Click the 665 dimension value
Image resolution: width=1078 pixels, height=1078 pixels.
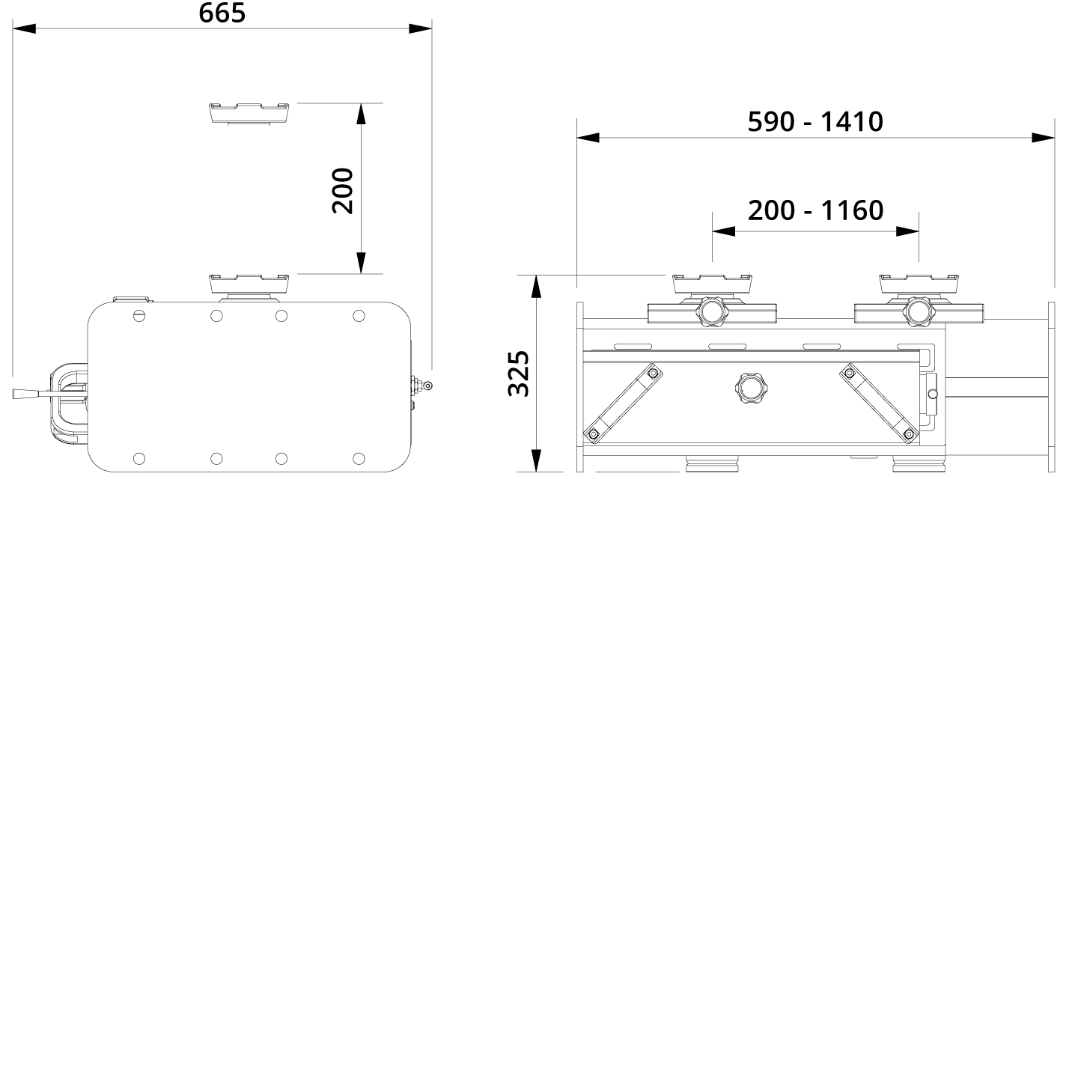click(x=222, y=13)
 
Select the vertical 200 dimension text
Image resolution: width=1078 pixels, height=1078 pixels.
click(x=342, y=190)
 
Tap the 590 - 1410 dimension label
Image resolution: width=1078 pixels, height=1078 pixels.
click(x=815, y=121)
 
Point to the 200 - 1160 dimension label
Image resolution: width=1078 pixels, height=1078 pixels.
click(x=815, y=210)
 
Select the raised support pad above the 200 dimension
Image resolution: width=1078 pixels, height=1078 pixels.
click(x=249, y=112)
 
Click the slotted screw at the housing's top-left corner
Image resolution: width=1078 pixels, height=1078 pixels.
click(x=138, y=316)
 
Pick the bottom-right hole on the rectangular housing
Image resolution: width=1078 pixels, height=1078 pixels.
click(x=359, y=458)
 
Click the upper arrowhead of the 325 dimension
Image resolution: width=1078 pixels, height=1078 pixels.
click(x=536, y=285)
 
